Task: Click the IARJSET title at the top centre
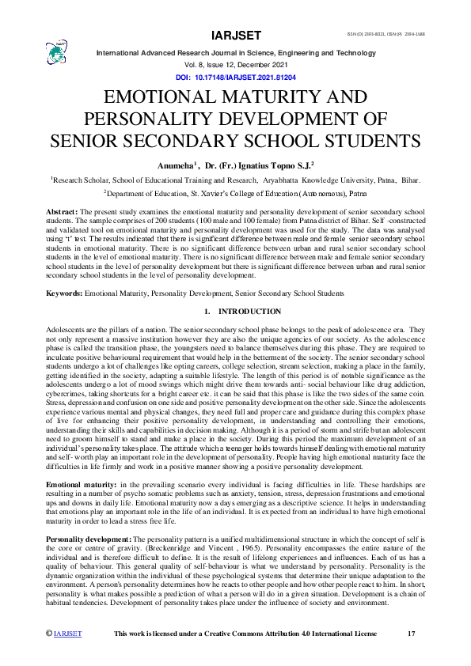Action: [236, 36]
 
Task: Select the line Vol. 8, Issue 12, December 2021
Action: [236, 66]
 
